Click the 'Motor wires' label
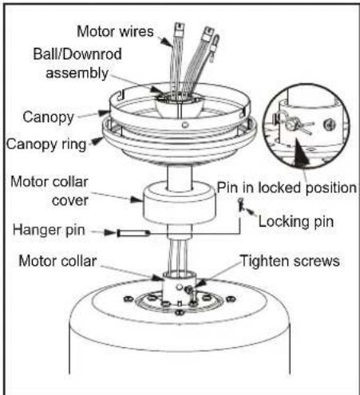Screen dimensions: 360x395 click(x=115, y=31)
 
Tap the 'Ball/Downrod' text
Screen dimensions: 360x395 click(x=77, y=53)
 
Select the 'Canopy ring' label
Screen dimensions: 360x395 click(x=46, y=144)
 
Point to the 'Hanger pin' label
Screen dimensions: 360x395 click(x=49, y=230)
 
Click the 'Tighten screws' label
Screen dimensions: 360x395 click(x=290, y=261)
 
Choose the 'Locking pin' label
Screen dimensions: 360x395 click(x=296, y=222)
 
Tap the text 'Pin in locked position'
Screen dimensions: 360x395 click(x=287, y=188)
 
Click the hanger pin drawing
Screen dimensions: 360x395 click(x=134, y=233)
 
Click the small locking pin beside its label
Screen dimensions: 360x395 click(x=241, y=204)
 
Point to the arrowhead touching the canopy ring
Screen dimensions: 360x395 click(x=97, y=141)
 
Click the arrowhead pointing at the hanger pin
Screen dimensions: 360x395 click(x=110, y=232)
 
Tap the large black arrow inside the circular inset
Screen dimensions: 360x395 click(x=301, y=152)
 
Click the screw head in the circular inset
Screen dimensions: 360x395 click(x=329, y=124)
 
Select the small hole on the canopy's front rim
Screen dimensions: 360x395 click(x=184, y=124)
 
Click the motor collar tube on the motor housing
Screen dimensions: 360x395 click(x=180, y=288)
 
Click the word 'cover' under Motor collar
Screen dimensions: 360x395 click(x=70, y=201)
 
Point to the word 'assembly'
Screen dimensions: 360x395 click(x=77, y=73)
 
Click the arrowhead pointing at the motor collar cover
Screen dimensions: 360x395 click(x=136, y=199)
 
